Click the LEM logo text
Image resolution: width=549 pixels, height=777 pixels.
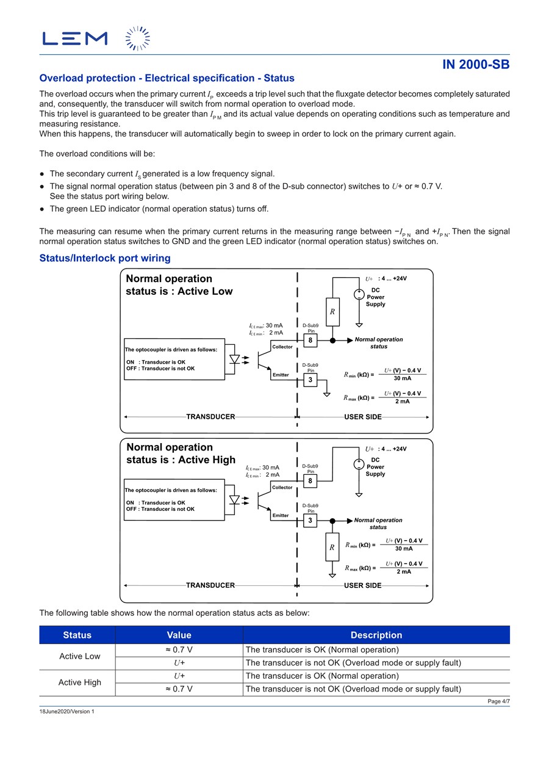(74, 38)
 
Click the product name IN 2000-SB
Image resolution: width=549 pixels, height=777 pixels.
(476, 65)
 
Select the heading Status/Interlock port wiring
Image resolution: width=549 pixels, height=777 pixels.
(104, 258)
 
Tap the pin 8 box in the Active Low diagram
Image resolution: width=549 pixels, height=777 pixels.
(310, 341)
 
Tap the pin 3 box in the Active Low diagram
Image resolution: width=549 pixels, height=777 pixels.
(310, 380)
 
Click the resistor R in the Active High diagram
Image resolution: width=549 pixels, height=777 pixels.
(332, 548)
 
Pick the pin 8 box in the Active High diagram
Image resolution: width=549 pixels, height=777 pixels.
(310, 481)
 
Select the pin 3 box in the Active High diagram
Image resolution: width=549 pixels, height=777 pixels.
(310, 521)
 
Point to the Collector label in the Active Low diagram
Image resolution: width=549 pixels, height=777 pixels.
(282, 347)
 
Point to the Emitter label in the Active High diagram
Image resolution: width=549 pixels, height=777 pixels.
(281, 516)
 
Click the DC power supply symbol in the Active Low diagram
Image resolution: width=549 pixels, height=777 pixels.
(359, 294)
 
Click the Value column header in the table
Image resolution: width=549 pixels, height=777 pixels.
(179, 635)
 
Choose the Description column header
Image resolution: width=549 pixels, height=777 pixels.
(376, 635)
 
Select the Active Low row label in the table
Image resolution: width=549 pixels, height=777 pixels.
(79, 656)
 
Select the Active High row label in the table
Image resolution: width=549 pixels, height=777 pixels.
(79, 682)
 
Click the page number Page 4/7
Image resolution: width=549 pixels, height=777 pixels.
(498, 701)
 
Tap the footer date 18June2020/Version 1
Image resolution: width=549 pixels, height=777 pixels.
(67, 712)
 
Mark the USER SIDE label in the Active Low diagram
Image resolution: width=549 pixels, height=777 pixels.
(363, 417)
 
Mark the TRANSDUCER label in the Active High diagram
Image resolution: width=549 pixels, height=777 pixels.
(210, 585)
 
